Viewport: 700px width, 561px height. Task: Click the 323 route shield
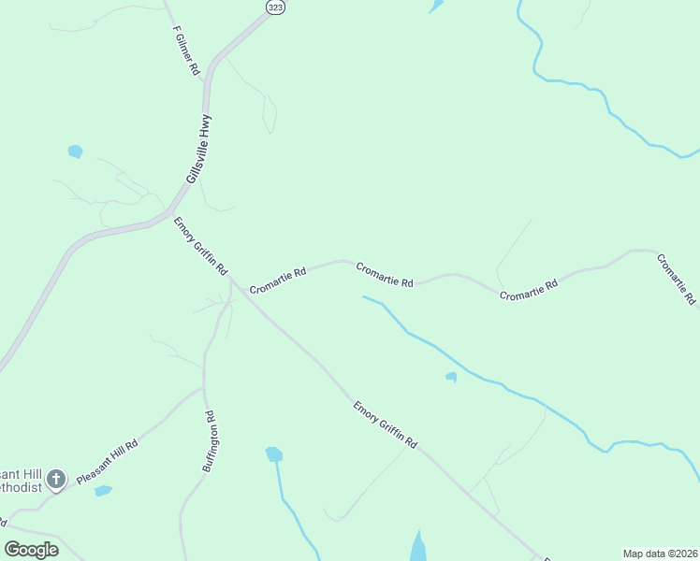[x=275, y=7]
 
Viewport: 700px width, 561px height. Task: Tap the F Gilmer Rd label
[x=186, y=50]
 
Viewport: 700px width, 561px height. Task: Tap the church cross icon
[x=55, y=480]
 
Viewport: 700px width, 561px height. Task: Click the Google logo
[x=32, y=550]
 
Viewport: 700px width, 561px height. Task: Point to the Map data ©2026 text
[x=660, y=554]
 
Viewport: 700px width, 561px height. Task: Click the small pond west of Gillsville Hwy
[x=75, y=151]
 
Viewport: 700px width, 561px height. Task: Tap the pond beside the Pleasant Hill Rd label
[x=103, y=490]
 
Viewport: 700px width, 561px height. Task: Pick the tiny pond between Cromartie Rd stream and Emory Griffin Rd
[x=451, y=377]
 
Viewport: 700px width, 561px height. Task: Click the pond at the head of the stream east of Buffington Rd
[x=273, y=454]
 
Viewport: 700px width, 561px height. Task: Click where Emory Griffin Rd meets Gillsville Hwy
[x=168, y=213]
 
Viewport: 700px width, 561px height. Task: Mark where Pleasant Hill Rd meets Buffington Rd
[x=203, y=387]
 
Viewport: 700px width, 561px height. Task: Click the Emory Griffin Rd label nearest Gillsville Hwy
[x=200, y=245]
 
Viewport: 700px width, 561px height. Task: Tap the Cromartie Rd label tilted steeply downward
[x=676, y=280]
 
